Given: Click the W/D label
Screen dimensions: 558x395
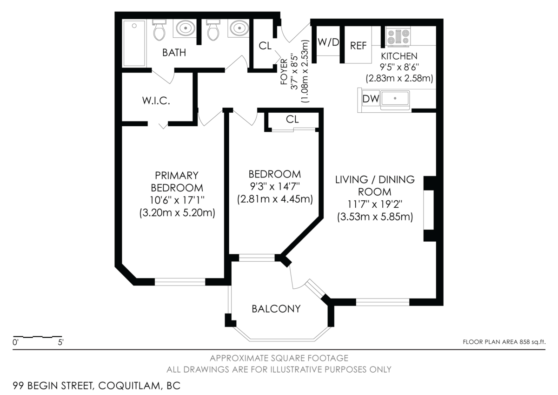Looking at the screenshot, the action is click(x=328, y=42).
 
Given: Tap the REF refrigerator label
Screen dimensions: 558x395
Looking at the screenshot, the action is click(x=358, y=46).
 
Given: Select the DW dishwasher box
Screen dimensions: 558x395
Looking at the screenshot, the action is click(x=371, y=99).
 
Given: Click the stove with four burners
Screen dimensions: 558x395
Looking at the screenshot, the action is click(x=398, y=37).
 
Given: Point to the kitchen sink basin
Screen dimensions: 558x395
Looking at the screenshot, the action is click(x=395, y=98).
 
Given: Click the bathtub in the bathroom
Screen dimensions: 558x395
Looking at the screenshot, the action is click(x=134, y=43).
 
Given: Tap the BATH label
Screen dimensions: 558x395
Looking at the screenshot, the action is click(x=174, y=53).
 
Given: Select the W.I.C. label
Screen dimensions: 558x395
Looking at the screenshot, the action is click(x=156, y=101).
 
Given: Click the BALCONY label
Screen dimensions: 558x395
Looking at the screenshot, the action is click(x=276, y=309).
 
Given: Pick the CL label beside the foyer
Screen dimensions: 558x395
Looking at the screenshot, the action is click(x=265, y=46).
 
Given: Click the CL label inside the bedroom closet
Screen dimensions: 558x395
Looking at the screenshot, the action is click(x=292, y=120).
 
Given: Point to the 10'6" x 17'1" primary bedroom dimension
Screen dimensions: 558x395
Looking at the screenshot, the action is click(x=177, y=200).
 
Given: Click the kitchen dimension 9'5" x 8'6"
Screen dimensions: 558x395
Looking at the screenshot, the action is click(x=399, y=67).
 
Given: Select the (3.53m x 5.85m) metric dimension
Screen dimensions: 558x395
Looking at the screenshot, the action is click(x=375, y=217).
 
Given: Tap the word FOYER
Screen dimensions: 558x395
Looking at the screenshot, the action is click(x=284, y=72).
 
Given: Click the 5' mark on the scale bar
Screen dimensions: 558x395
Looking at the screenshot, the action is click(x=60, y=342).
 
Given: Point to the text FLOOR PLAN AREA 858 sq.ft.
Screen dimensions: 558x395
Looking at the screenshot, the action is click(x=504, y=342).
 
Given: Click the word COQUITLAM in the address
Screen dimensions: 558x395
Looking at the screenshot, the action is click(x=129, y=386).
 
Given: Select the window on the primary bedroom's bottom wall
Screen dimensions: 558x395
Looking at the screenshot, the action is click(x=180, y=282).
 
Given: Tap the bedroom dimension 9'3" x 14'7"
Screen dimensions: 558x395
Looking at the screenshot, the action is click(x=275, y=186).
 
